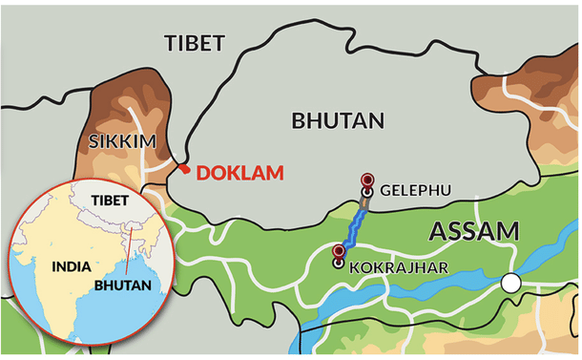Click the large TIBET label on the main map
click(195, 43)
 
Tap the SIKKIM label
click(121, 142)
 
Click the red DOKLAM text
click(240, 173)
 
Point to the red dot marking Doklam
click(183, 169)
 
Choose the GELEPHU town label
click(415, 191)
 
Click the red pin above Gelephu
click(367, 180)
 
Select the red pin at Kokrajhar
click(338, 252)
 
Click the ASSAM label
click(473, 231)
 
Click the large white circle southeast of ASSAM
click(511, 283)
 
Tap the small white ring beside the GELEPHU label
click(367, 192)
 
